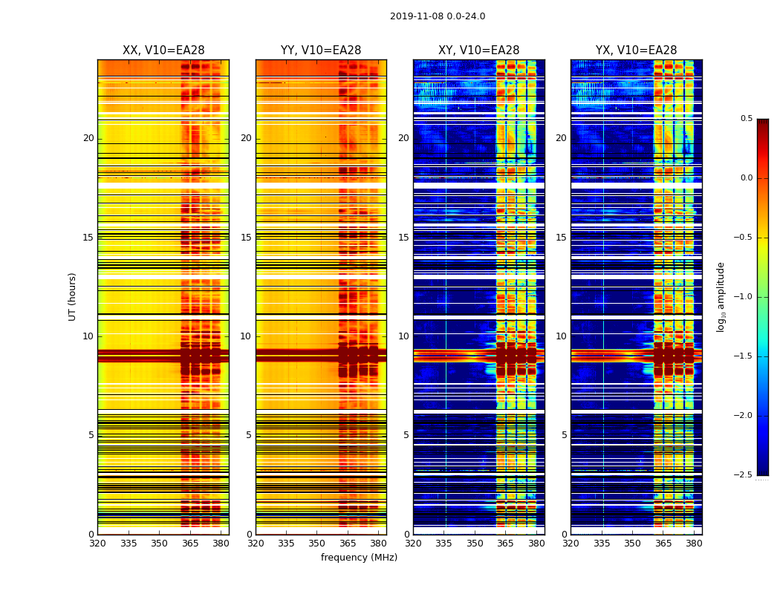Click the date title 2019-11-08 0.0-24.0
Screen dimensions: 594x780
[438, 16]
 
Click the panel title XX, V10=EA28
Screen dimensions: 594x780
[163, 50]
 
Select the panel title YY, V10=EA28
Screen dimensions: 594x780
[321, 50]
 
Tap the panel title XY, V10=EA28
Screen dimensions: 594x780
[478, 50]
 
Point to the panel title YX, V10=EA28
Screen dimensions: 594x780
[636, 50]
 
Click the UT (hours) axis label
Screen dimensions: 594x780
[72, 296]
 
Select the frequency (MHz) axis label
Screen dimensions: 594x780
[359, 558]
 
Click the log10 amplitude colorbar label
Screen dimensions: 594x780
[721, 296]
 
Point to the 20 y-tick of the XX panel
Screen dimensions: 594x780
[88, 138]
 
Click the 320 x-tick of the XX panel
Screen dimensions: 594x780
[97, 544]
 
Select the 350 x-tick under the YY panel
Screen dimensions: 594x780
[317, 544]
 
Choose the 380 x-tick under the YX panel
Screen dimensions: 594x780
[694, 544]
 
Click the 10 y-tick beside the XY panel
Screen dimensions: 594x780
[403, 336]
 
